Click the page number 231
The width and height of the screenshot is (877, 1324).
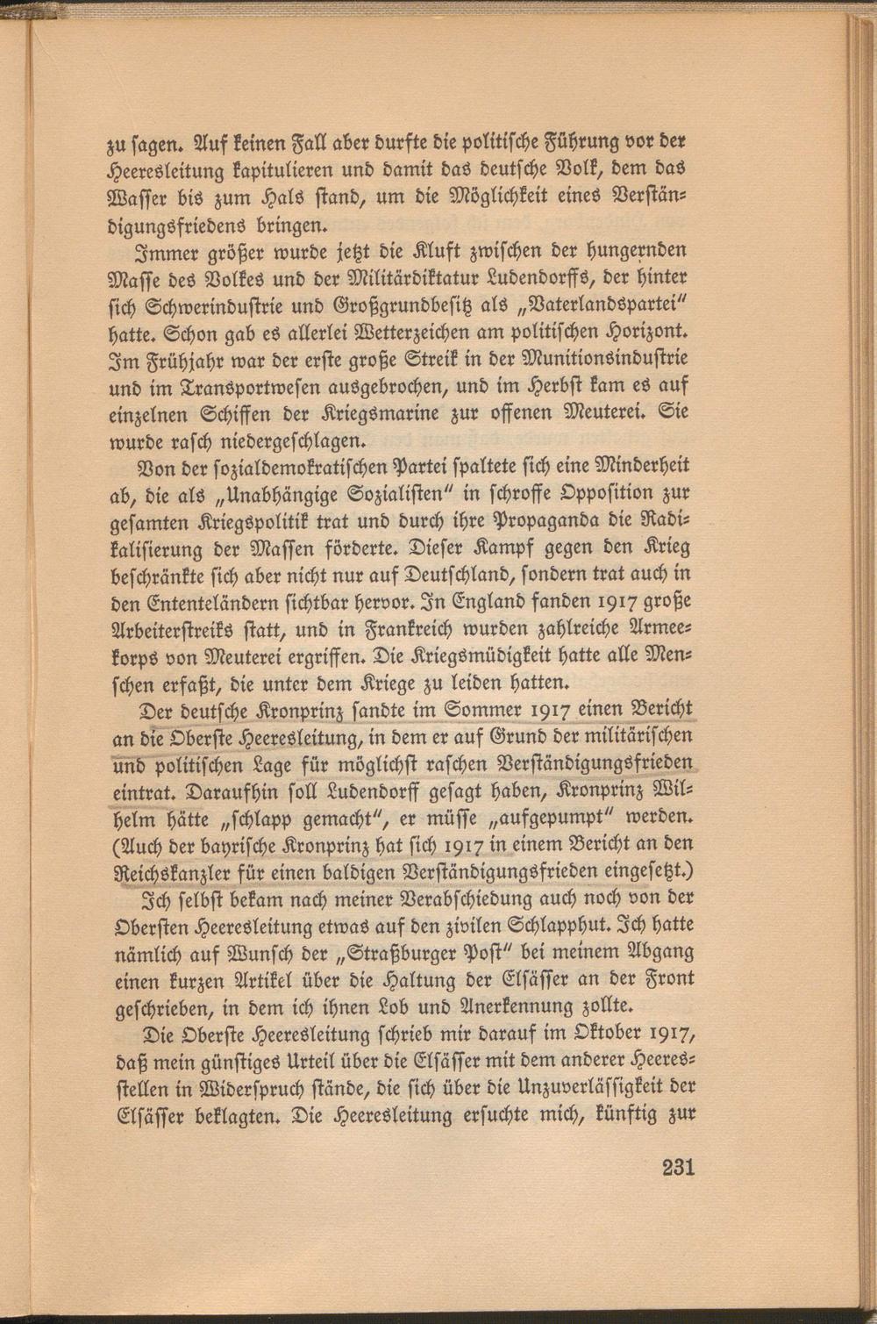pos(678,1167)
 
